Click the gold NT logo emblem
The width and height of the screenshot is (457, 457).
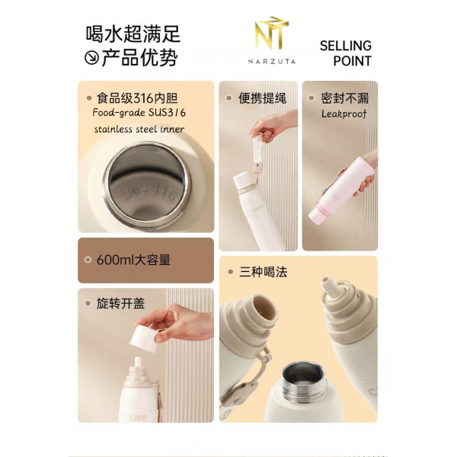tap(273, 35)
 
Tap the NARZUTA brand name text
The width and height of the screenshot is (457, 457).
tap(272, 60)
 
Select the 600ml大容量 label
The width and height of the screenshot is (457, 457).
tap(133, 260)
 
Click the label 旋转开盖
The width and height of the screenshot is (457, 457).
tap(120, 303)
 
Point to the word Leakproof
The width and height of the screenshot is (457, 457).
tap(344, 113)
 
